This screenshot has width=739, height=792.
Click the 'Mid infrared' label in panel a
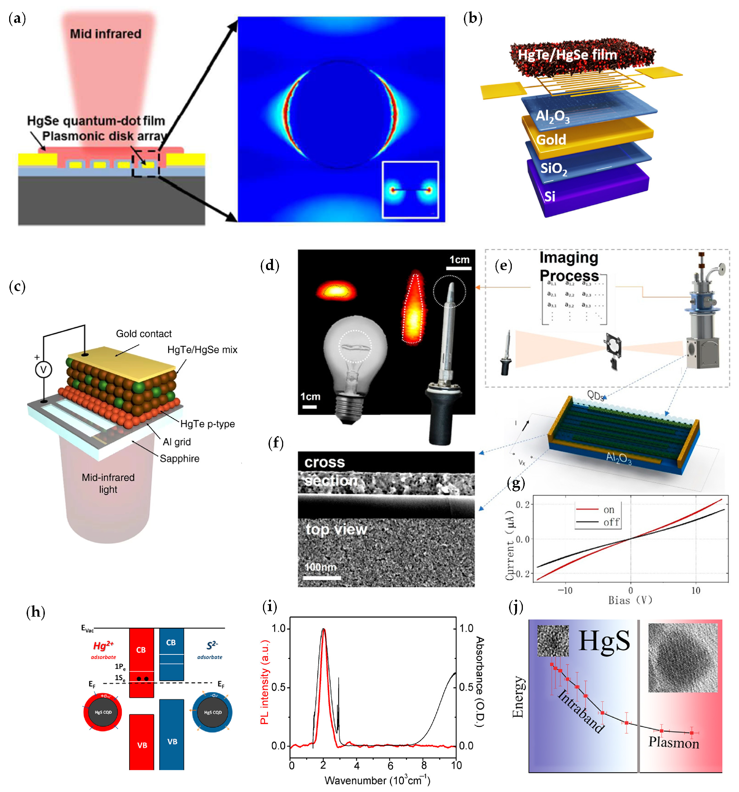(x=106, y=34)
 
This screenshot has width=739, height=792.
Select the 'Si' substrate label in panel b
(x=550, y=196)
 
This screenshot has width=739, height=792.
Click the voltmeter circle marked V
(x=44, y=370)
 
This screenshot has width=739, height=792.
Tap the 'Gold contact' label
(x=144, y=334)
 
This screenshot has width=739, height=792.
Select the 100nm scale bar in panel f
(x=322, y=577)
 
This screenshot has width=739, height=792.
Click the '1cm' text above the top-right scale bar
(x=459, y=260)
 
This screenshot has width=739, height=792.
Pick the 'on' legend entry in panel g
(x=609, y=510)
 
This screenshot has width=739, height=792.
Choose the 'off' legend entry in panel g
(x=611, y=522)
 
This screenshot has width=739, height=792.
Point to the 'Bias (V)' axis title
(x=630, y=600)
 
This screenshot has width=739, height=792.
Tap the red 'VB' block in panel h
(x=142, y=745)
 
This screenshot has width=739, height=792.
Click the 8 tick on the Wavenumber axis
(x=424, y=765)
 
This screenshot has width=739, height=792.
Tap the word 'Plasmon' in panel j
(x=674, y=743)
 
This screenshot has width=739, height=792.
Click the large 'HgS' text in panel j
(x=604, y=641)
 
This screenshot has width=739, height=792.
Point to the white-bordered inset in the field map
(x=410, y=190)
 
